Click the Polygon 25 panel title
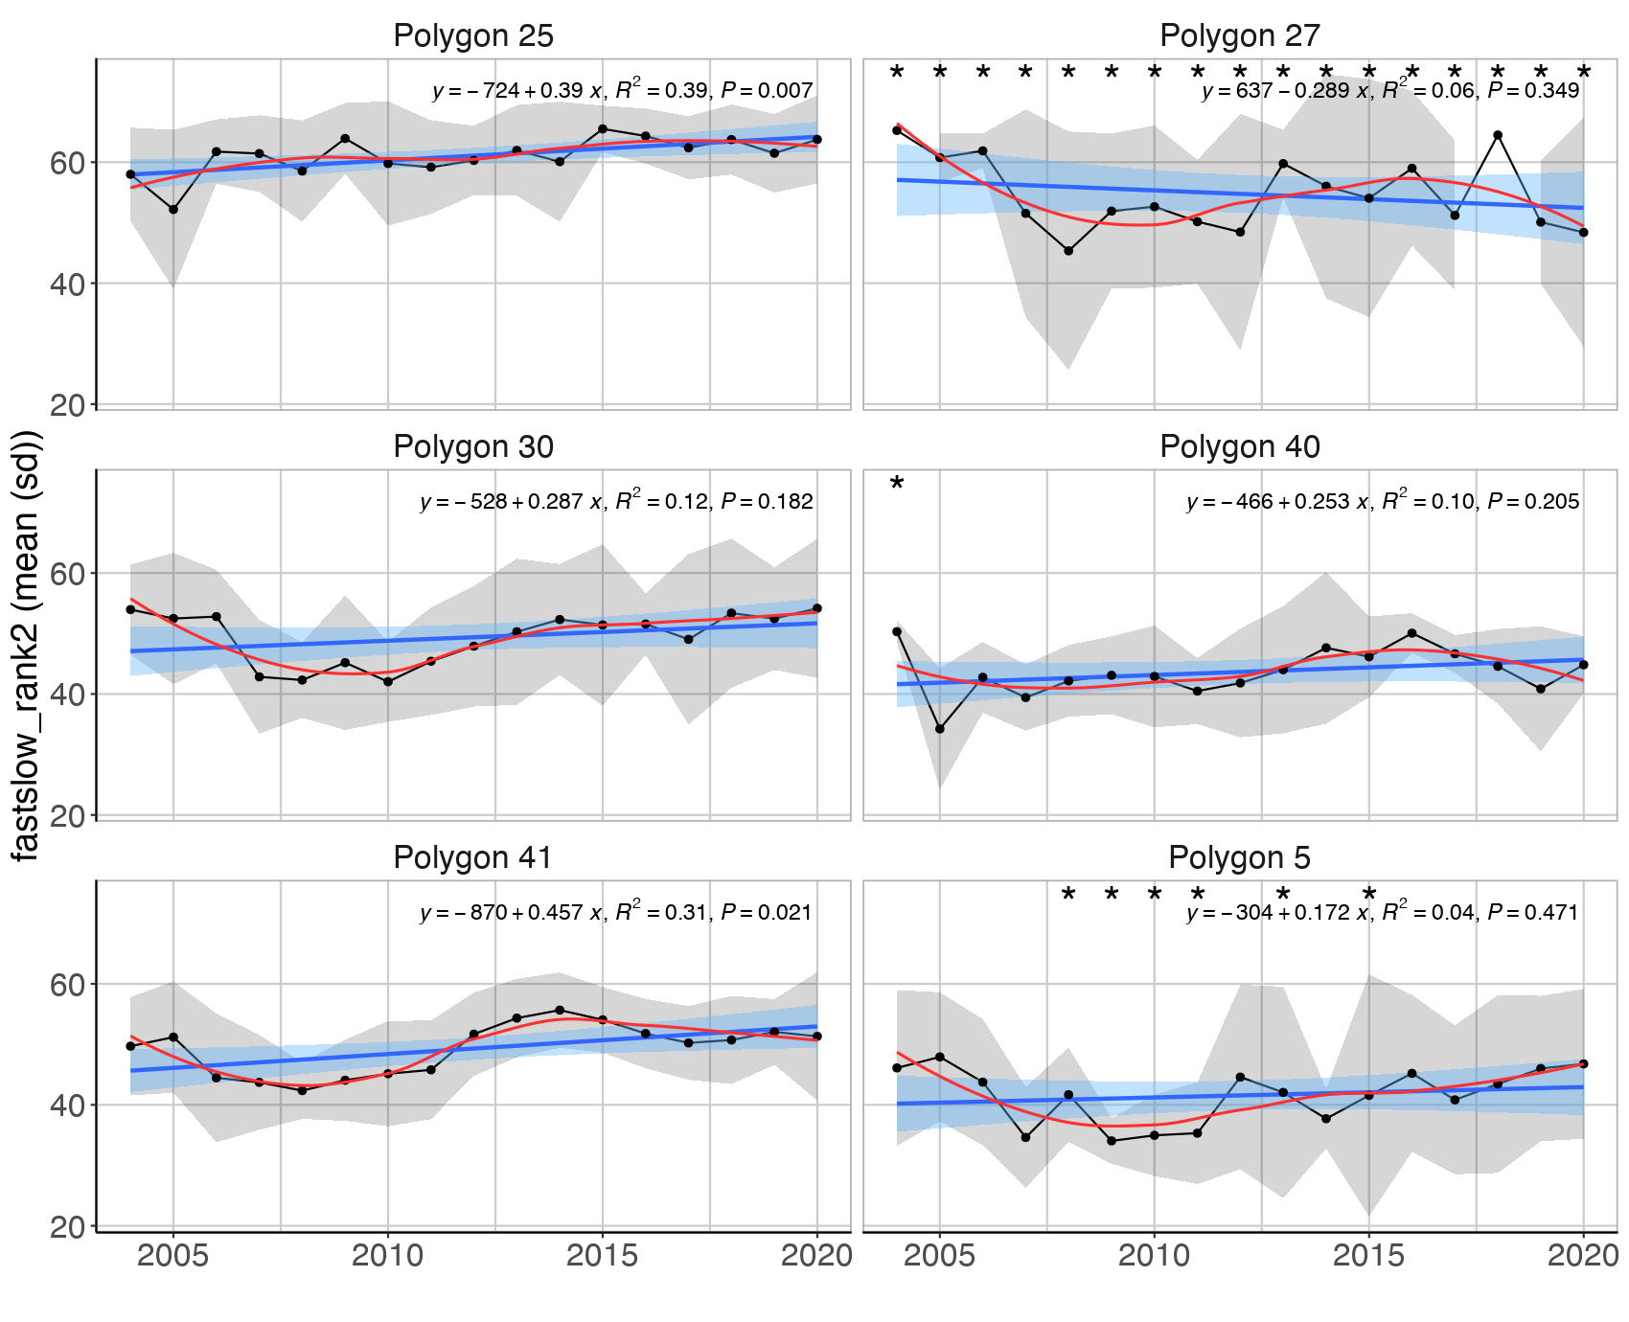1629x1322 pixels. point(472,36)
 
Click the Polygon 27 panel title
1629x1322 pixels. point(1239,36)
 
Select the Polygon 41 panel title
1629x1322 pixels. point(472,857)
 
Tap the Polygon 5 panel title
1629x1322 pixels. point(1239,857)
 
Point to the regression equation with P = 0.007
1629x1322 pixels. point(622,91)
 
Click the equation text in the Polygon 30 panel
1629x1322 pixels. point(616,501)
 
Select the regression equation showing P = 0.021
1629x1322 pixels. point(616,912)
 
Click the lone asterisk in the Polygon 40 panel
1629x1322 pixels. point(897,485)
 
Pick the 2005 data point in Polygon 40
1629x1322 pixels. point(940,729)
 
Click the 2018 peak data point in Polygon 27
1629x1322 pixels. point(1498,135)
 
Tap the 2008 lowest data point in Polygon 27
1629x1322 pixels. point(1068,251)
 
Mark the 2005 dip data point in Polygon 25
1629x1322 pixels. point(173,209)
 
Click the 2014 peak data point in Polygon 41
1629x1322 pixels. point(560,1010)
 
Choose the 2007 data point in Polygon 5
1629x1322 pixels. point(1025,1137)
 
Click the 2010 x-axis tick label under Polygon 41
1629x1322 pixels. point(387,1256)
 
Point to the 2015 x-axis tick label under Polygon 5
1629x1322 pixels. point(1368,1256)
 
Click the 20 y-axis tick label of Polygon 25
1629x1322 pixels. point(67,405)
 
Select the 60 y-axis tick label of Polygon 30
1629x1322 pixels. point(67,573)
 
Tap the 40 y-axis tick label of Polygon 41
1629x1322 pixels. point(67,1105)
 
